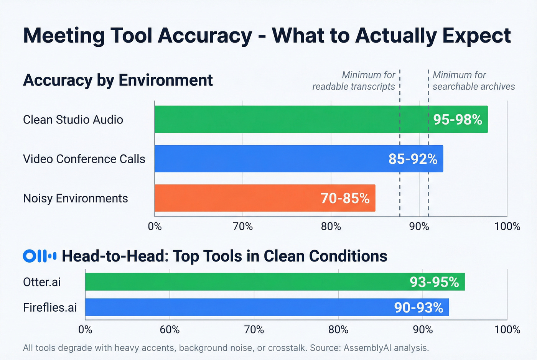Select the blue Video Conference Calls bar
(268, 159)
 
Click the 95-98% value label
(458, 120)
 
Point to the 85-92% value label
(413, 159)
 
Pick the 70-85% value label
(345, 198)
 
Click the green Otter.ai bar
(245, 282)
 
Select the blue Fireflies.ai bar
(238, 307)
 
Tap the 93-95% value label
(434, 282)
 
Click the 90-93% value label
(418, 307)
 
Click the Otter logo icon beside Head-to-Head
(40, 256)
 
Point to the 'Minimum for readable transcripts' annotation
(354, 81)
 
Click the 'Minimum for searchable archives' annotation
(473, 81)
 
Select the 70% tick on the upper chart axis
(243, 227)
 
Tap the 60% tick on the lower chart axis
(170, 330)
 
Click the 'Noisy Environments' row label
(76, 198)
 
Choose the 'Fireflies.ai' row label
(50, 307)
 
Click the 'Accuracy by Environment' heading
(118, 80)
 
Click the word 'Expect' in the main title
(476, 35)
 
